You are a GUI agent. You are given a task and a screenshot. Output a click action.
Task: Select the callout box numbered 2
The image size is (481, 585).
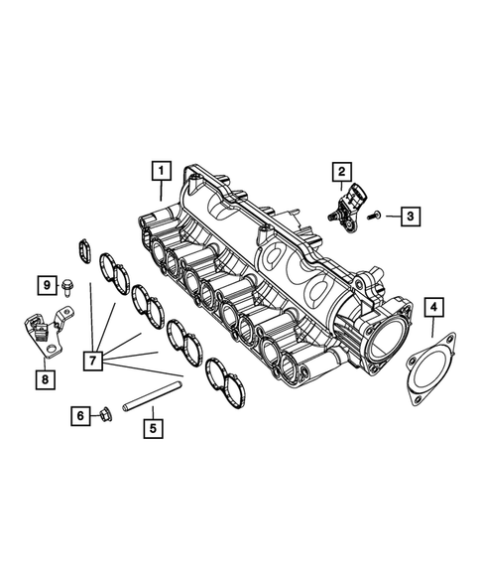pyautogui.click(x=339, y=173)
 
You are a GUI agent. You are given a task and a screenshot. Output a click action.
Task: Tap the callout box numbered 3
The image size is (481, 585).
pyautogui.click(x=408, y=215)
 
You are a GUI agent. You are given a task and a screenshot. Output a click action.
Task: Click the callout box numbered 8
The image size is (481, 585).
pyautogui.click(x=45, y=378)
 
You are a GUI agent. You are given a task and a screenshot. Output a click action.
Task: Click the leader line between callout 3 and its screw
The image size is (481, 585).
pyautogui.click(x=390, y=215)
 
